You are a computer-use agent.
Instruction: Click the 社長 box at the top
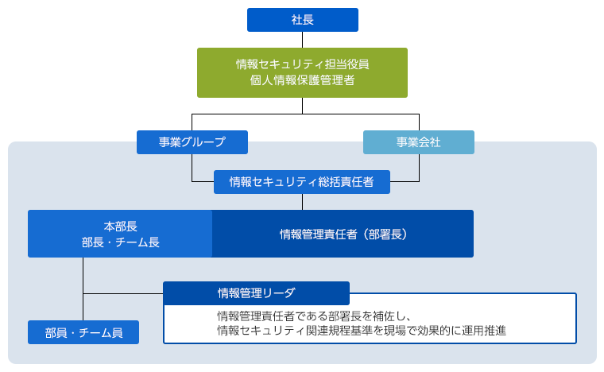click(302, 20)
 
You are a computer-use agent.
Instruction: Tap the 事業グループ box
click(192, 142)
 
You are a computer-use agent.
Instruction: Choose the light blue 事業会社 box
click(418, 142)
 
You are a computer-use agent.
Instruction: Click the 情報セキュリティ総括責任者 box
click(302, 182)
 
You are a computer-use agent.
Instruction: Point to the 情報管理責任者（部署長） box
click(343, 234)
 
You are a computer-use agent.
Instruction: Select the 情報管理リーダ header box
click(256, 293)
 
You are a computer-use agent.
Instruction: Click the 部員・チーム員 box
click(83, 332)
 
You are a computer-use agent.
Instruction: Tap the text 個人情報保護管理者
click(302, 80)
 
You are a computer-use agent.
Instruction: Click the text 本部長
click(120, 226)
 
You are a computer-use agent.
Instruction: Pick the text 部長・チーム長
click(120, 242)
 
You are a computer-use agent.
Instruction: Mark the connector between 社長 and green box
click(302, 40)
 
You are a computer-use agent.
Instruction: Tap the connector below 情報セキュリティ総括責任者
click(302, 202)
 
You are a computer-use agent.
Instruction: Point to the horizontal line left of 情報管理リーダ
click(123, 293)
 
